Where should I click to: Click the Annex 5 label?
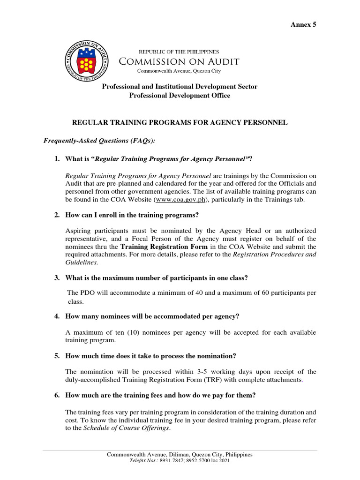click(304, 24)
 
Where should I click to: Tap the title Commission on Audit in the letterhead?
click(179, 61)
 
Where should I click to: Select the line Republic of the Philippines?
click(178, 52)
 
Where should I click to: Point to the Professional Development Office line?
click(180, 95)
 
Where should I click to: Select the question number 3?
click(57, 278)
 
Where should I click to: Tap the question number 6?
click(57, 395)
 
